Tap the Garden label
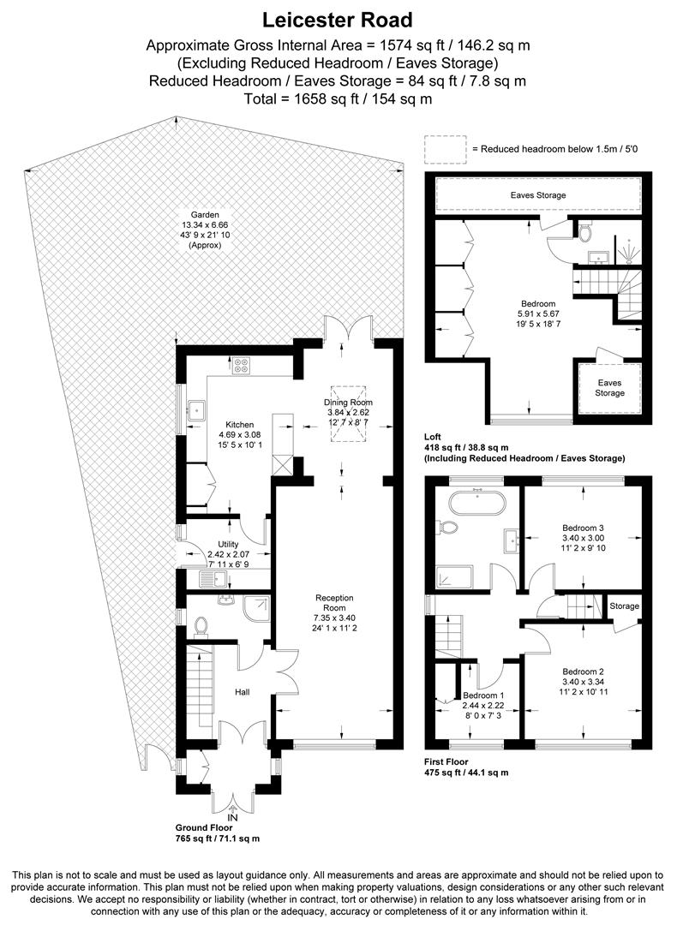click(205, 215)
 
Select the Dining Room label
click(348, 403)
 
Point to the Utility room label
click(228, 544)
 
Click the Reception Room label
click(334, 598)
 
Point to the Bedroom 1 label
click(483, 695)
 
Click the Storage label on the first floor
click(624, 606)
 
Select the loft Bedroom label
click(538, 303)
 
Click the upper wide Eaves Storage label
click(538, 195)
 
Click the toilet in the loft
click(584, 232)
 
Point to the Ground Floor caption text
click(216, 829)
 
